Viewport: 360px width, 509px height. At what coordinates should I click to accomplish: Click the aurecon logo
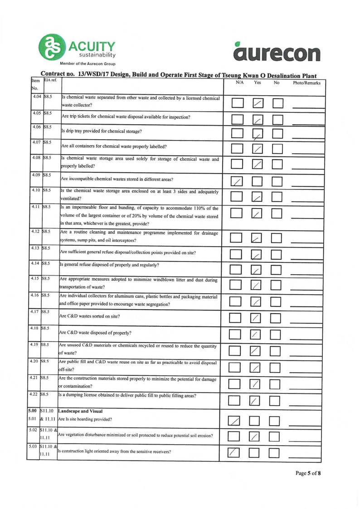pyautogui.click(x=277, y=51)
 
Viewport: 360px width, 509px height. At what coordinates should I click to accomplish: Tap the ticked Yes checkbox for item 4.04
pyautogui.click(x=258, y=104)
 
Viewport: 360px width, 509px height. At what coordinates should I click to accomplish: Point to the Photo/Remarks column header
pyautogui.click(x=307, y=83)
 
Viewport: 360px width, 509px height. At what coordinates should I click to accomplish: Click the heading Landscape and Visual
pyautogui.click(x=79, y=411)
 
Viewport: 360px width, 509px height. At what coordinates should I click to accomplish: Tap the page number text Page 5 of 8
pyautogui.click(x=308, y=474)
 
